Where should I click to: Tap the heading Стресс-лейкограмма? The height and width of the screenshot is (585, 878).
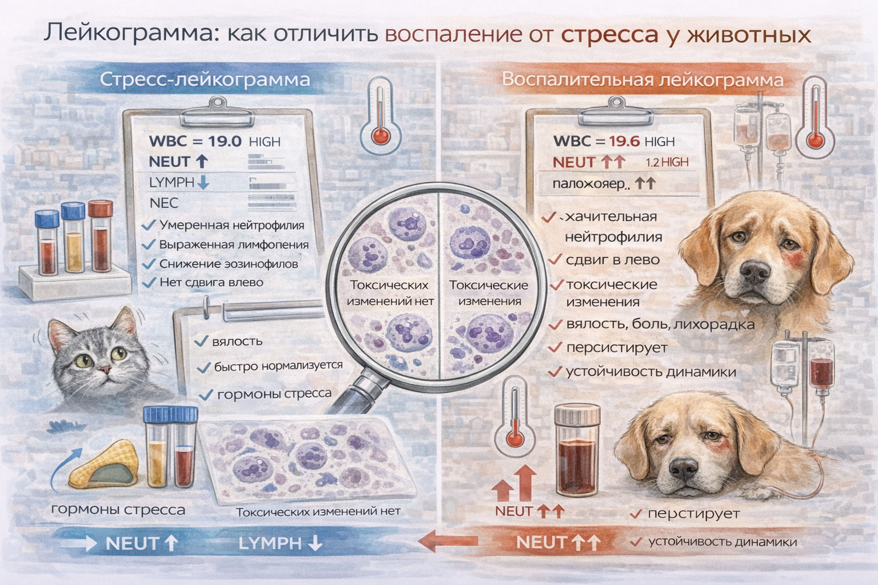[x=205, y=79]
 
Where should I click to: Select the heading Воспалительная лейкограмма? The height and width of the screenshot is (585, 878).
[x=642, y=79]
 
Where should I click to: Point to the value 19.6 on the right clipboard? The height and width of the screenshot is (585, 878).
[x=624, y=141]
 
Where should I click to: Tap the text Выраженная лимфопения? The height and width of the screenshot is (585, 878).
[x=234, y=245]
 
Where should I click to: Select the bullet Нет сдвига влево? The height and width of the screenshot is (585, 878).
[x=211, y=282]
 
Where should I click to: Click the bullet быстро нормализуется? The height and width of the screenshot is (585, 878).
[x=278, y=366]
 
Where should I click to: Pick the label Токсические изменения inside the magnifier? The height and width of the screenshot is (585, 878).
[x=488, y=292]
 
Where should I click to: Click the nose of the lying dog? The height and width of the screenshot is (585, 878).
[x=683, y=470]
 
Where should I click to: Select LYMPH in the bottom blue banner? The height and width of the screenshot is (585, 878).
[x=269, y=543]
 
